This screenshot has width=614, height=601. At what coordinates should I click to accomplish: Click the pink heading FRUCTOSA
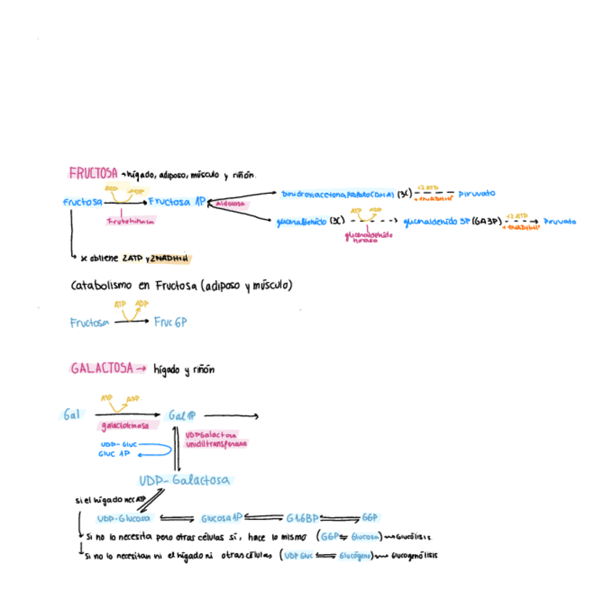click(93, 174)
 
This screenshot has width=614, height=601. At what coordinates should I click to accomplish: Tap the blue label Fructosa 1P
click(177, 202)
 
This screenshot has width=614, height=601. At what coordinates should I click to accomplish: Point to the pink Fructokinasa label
click(130, 222)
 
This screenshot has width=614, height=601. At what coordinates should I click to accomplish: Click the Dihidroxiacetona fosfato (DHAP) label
click(337, 195)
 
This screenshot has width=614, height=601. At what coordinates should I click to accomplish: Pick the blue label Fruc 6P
click(170, 323)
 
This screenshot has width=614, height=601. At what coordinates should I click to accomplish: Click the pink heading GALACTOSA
click(102, 368)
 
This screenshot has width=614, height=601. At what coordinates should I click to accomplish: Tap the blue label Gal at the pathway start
click(71, 415)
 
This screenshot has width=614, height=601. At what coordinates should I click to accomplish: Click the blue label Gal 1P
click(182, 416)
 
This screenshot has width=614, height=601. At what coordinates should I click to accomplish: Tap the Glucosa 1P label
click(221, 519)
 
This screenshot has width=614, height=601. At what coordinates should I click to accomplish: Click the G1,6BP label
click(302, 519)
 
